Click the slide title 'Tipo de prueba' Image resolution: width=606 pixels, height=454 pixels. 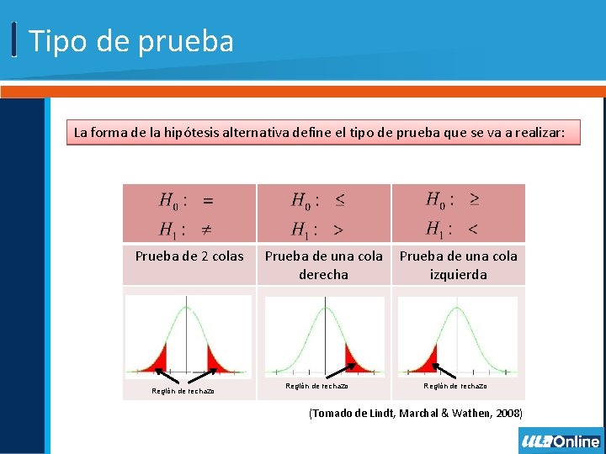pyautogui.click(x=131, y=41)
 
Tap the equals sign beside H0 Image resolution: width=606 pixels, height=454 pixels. pyautogui.click(x=207, y=201)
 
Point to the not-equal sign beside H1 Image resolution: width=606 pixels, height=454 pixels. pyautogui.click(x=205, y=229)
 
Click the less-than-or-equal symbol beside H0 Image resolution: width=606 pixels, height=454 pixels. pyautogui.click(x=339, y=200)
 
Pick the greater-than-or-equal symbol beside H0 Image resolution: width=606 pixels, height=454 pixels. pyautogui.click(x=475, y=199)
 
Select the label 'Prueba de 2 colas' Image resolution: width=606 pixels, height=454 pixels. pyautogui.click(x=189, y=256)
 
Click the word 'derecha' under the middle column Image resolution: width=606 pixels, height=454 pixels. pyautogui.click(x=323, y=274)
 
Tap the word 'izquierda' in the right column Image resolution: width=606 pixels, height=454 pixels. pyautogui.click(x=458, y=274)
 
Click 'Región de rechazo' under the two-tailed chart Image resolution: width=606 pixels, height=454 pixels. pyautogui.click(x=183, y=391)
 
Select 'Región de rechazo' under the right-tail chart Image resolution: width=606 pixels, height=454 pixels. pyautogui.click(x=316, y=386)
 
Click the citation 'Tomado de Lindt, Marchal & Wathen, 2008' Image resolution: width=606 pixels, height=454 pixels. pyautogui.click(x=416, y=414)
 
